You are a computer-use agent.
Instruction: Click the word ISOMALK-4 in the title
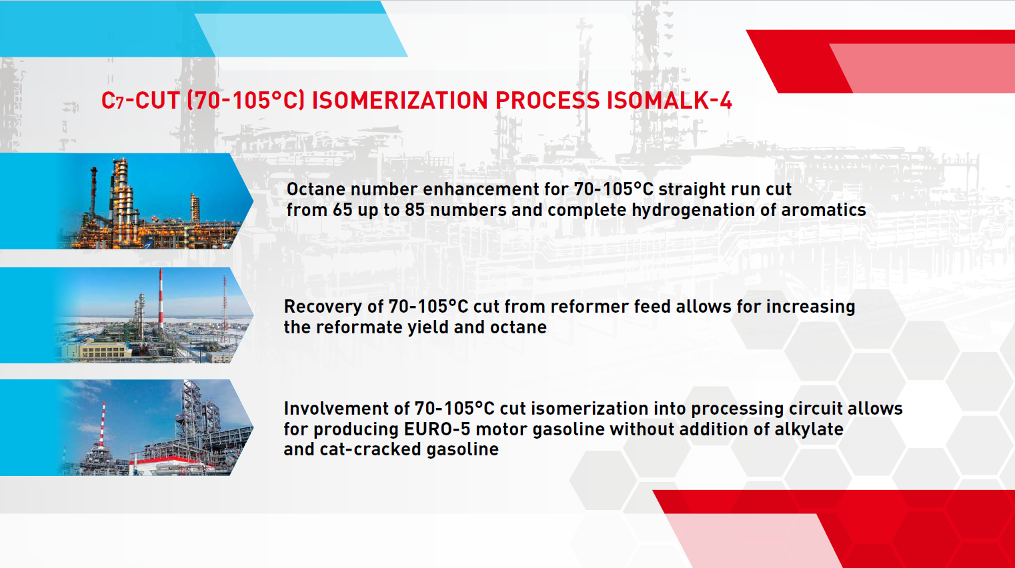670,100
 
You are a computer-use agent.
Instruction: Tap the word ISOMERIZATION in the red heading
399,100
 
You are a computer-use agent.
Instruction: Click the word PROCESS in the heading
548,100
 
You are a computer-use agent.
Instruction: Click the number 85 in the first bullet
415,210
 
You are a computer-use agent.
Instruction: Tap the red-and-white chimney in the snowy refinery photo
161,299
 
